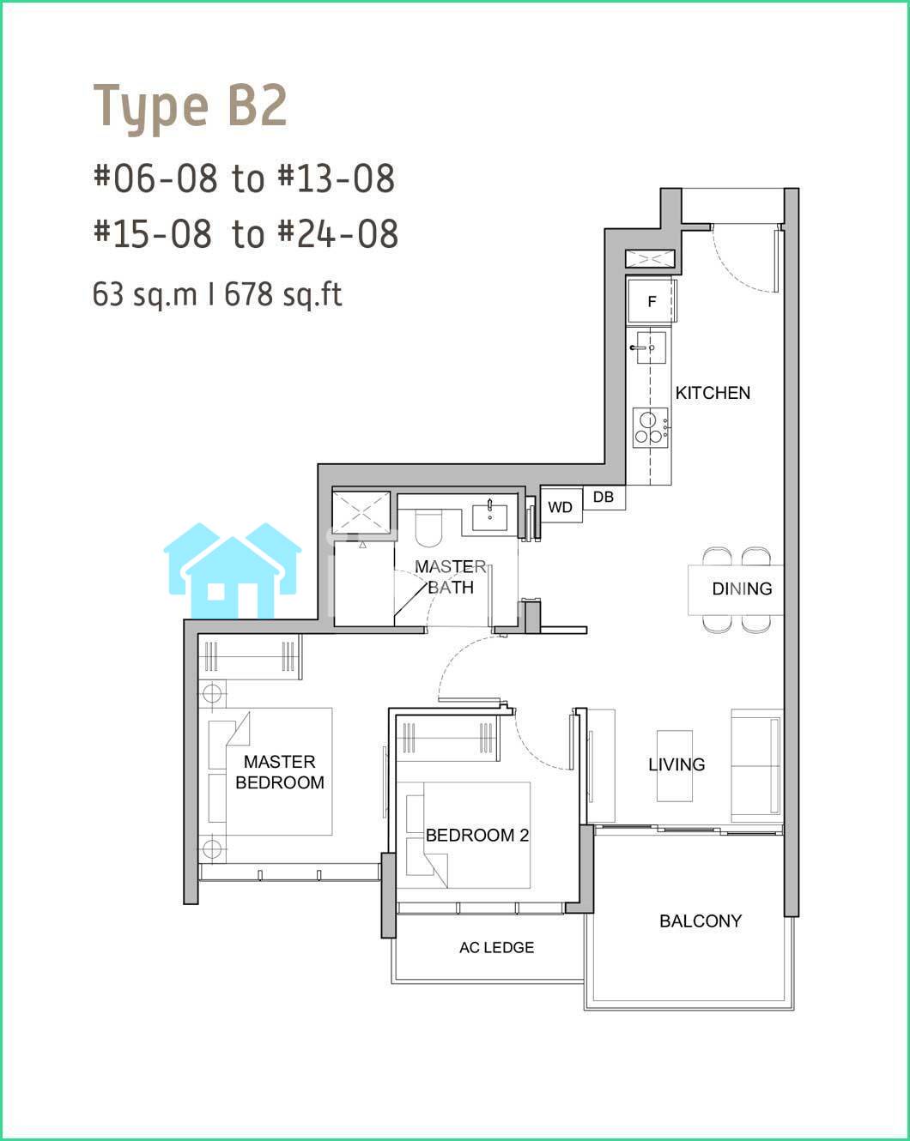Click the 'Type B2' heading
click(x=190, y=108)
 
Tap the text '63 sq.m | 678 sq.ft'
click(x=217, y=294)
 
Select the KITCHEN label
click(x=713, y=393)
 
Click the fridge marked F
click(x=652, y=301)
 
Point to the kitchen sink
click(x=649, y=347)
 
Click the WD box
click(x=561, y=506)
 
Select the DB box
click(x=604, y=498)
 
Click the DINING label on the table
click(x=742, y=589)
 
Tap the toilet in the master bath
click(x=428, y=528)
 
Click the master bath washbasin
click(x=489, y=517)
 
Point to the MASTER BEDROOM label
click(x=280, y=772)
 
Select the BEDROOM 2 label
click(x=477, y=835)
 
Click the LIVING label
click(x=676, y=764)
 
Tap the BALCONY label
click(x=701, y=921)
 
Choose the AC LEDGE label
click(x=497, y=947)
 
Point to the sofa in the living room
click(x=756, y=765)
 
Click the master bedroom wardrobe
click(x=250, y=657)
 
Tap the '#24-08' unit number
click(x=338, y=233)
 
